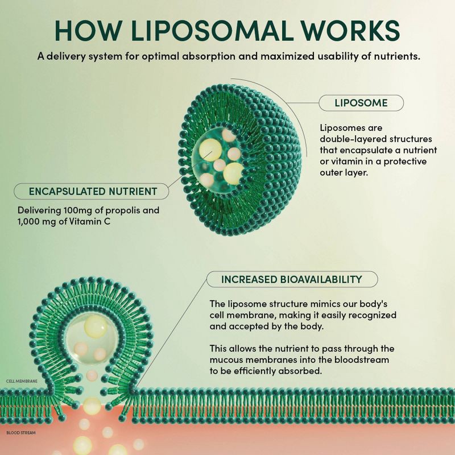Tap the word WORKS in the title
(350, 30)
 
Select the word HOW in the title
(88, 30)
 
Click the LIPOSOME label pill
(361, 103)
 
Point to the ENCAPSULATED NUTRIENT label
(92, 191)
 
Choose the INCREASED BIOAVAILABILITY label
(292, 279)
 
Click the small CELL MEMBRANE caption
(22, 381)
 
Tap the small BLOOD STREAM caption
(21, 433)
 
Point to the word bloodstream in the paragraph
(362, 360)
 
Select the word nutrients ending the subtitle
(397, 56)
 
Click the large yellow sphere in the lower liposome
(96, 326)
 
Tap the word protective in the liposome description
(405, 162)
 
